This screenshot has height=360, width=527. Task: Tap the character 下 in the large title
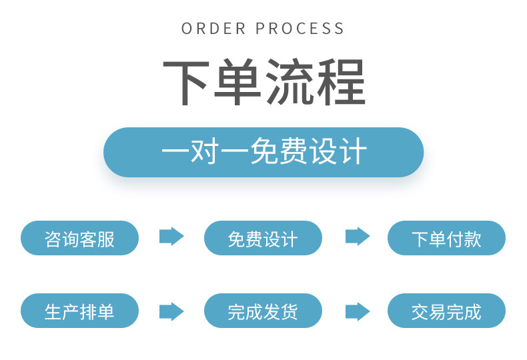[187, 83]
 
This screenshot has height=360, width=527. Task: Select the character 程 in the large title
[341, 83]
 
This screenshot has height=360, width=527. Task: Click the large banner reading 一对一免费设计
[263, 152]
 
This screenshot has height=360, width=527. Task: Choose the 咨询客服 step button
[80, 238]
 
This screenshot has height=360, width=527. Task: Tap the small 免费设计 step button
[263, 238]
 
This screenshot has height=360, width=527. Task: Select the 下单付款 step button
[446, 238]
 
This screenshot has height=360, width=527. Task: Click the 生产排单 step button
[80, 311]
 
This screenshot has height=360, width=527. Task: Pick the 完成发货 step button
[263, 311]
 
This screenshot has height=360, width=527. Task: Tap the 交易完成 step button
[446, 311]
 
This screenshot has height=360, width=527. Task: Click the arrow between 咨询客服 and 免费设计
[171, 237]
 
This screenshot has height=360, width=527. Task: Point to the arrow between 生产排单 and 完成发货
[171, 311]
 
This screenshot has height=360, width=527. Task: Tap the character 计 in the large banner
[353, 152]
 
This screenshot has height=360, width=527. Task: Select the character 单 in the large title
[239, 83]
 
